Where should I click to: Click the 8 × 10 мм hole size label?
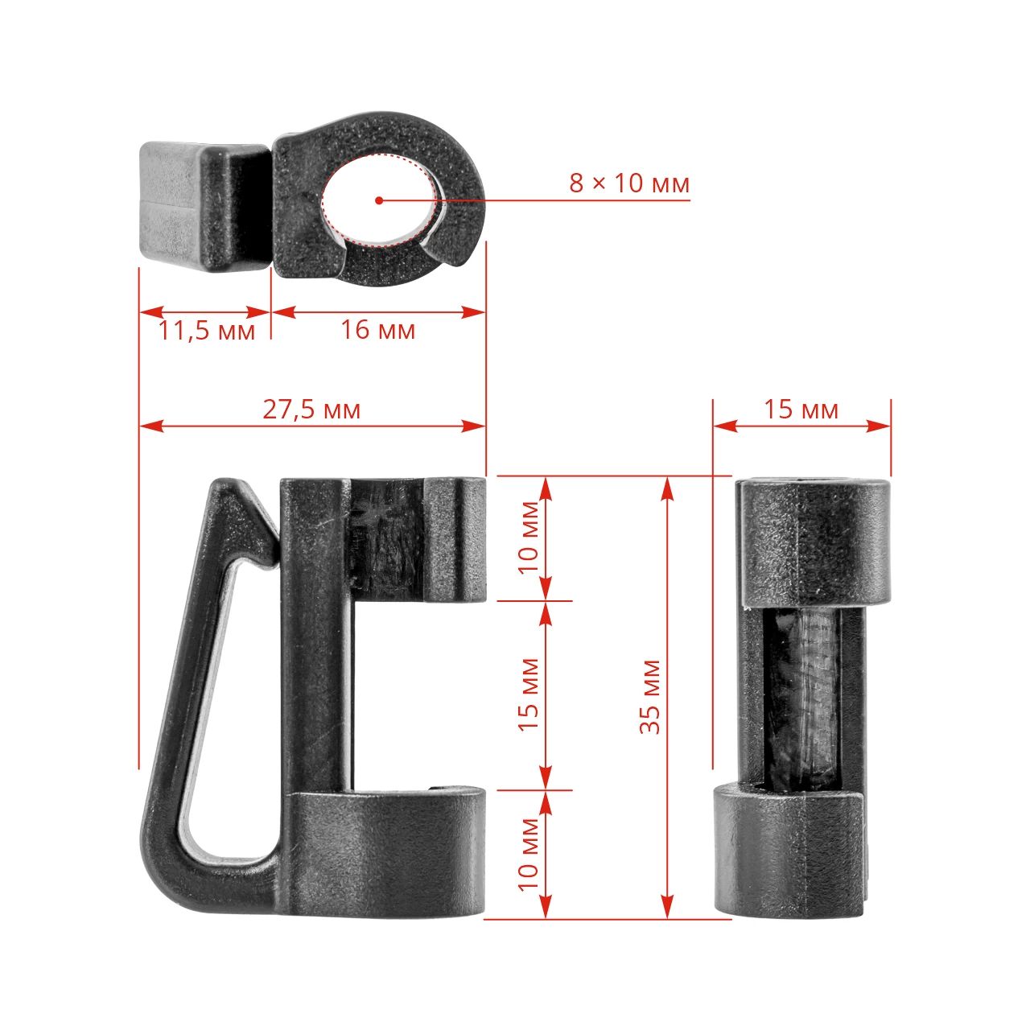[x=629, y=183]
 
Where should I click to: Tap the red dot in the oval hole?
[x=378, y=200]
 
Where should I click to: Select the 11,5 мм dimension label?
[x=206, y=331]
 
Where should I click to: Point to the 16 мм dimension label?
[x=378, y=330]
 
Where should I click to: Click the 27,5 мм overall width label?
[x=311, y=410]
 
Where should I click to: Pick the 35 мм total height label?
[x=650, y=697]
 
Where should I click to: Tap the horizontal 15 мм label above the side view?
[x=801, y=410]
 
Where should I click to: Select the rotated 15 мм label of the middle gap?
[x=529, y=694]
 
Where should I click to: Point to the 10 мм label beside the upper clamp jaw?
[x=529, y=537]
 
